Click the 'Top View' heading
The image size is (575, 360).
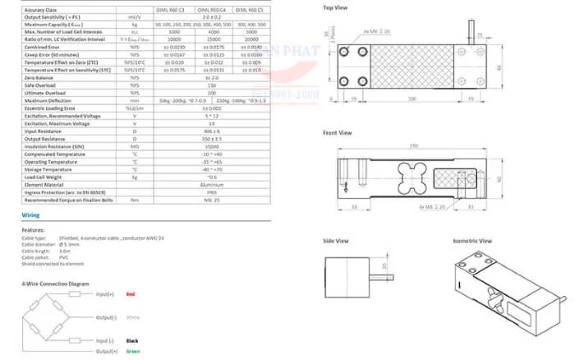pos(334,8)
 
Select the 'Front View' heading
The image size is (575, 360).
pos(337,132)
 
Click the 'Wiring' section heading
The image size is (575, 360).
pos(30,215)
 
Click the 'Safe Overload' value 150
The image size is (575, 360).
pos(212,85)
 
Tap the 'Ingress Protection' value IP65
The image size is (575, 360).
pos(212,191)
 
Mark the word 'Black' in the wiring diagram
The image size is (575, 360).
pos(132,339)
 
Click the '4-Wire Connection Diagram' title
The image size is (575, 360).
pos(55,283)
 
